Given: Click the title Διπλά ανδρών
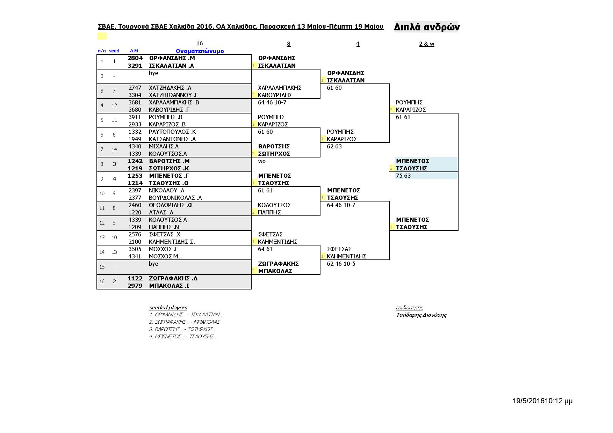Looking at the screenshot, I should pos(426,27).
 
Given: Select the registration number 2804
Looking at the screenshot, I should pos(135,58).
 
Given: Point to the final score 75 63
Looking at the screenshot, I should pos(403,176).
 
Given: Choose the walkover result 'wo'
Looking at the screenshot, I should pos(262,161).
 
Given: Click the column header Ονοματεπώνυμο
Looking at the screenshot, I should pos(200,51).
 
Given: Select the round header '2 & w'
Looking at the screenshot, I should pos(426,44).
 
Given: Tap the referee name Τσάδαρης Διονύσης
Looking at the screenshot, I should pos(421,315).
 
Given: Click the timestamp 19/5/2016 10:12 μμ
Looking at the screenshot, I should pos(542,401).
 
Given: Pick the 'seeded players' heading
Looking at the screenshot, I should pos(168,308).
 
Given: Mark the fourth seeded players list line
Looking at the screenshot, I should pos(182,337).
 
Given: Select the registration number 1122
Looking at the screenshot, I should pos(135,278).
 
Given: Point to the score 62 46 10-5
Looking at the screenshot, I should pos(341,264).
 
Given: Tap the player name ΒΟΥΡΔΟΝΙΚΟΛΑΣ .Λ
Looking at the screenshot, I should pos(175,198).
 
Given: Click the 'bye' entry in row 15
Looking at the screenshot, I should pos(153,264).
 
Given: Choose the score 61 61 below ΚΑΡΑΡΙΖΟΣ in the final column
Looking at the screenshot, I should pos(403,117).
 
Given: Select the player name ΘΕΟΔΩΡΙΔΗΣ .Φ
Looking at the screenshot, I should pos(171,205).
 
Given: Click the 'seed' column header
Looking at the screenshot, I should pos(114,51).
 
